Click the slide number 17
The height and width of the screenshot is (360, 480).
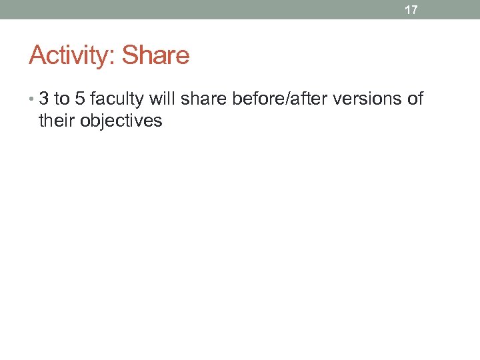411,10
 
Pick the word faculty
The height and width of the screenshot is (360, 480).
118,100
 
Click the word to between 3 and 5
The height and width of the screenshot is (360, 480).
62,99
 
